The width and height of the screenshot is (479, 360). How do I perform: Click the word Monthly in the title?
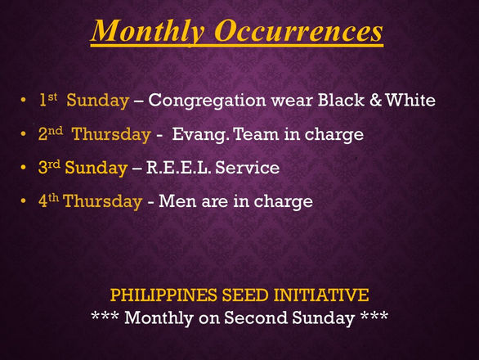[x=148, y=31]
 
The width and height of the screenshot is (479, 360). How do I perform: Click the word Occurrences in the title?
[x=298, y=30]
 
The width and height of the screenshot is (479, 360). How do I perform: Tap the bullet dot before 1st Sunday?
[x=23, y=100]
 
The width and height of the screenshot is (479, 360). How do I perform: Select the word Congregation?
[x=207, y=101]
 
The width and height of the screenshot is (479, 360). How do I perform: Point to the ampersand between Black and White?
[x=376, y=100]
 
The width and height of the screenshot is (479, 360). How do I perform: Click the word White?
[x=410, y=100]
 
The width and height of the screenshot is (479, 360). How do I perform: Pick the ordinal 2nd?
[x=51, y=133]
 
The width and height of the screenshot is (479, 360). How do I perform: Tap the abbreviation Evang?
[x=200, y=134]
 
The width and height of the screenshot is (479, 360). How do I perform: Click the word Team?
[x=257, y=134]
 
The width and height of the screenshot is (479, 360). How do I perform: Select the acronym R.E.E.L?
[x=179, y=167]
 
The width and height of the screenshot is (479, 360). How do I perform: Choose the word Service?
[x=248, y=167]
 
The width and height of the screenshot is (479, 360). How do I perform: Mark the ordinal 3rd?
[x=49, y=167]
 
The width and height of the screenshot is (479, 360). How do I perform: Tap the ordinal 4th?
[x=48, y=200]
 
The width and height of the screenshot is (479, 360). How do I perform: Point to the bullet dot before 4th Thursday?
[x=23, y=200]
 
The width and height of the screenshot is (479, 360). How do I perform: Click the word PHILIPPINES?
[x=163, y=295]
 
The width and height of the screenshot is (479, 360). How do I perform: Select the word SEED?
[x=245, y=295]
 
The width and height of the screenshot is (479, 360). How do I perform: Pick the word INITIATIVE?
[x=321, y=295]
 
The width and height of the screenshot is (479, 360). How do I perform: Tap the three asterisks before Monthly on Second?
[x=105, y=316]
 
